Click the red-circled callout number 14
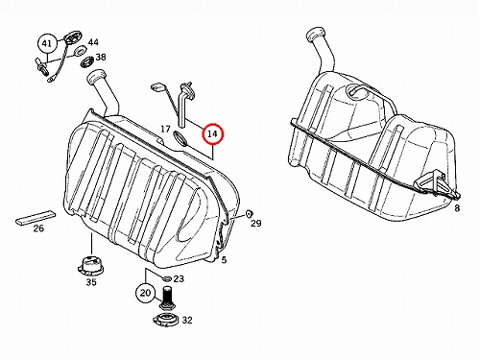point(212,133)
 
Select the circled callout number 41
point(47,43)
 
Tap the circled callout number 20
point(145,293)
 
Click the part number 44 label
point(93,42)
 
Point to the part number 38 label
point(101,58)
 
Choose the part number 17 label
point(165,130)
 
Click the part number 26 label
point(38,228)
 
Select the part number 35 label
point(91,282)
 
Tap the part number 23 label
point(179,278)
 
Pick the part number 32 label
point(187,320)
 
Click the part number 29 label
point(256,223)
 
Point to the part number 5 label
point(224,260)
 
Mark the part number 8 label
point(457,208)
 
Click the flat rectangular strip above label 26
point(36,218)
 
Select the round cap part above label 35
point(89,265)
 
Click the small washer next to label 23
point(166,277)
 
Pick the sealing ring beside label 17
point(181,137)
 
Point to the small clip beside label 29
point(249,214)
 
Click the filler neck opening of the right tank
point(316,34)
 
